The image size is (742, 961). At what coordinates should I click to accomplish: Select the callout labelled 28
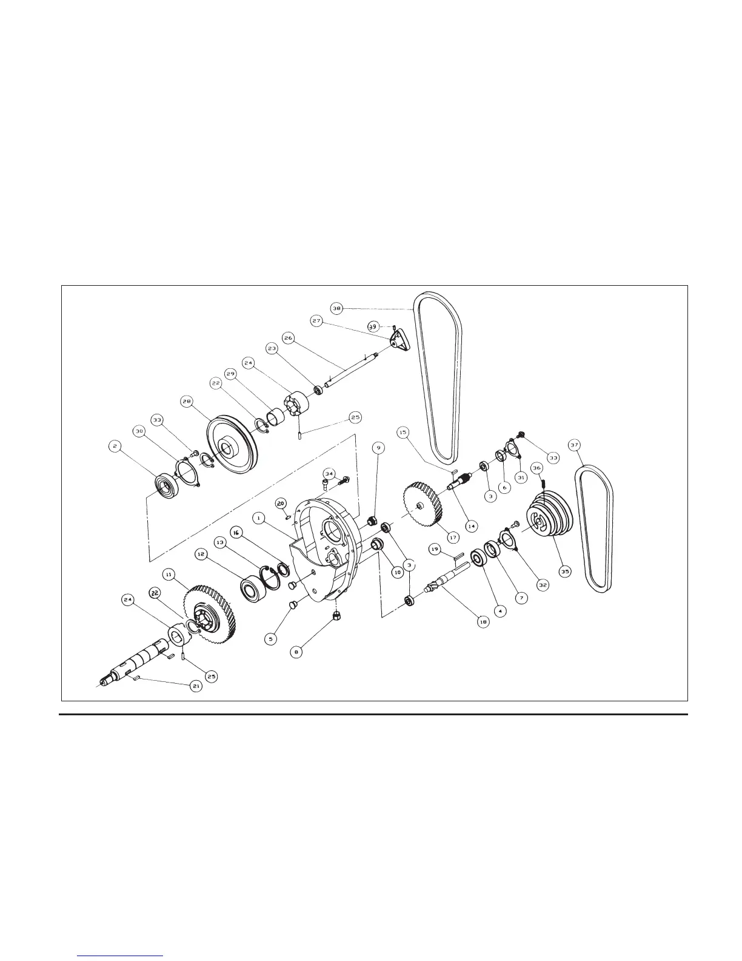coord(187,402)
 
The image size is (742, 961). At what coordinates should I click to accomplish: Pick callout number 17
coord(454,536)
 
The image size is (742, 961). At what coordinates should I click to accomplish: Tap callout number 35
coord(564,572)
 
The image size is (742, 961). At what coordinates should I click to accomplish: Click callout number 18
coord(483,622)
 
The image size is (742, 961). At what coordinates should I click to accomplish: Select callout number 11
coord(168,573)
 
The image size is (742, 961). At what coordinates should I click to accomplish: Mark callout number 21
coord(196,686)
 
